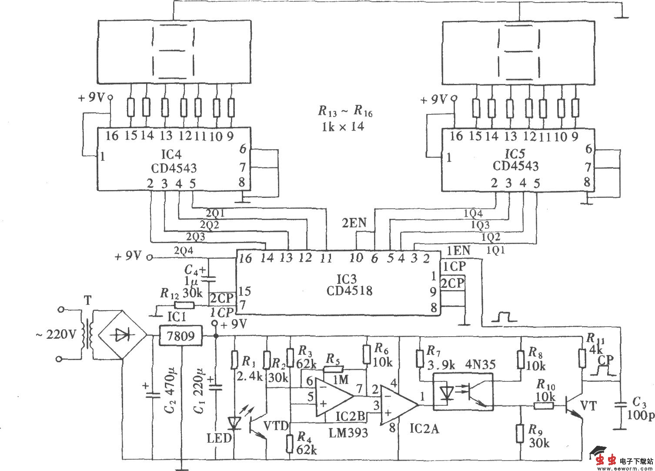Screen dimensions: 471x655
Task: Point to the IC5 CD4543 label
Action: (x=515, y=160)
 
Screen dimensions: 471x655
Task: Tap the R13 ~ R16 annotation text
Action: (x=345, y=119)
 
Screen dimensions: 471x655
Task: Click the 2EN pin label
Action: (x=354, y=224)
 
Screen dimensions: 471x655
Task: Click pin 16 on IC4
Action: (x=111, y=136)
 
